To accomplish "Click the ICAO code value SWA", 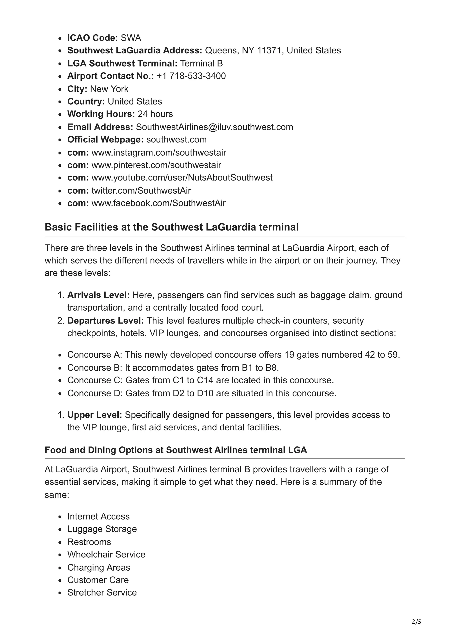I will [x=131, y=38].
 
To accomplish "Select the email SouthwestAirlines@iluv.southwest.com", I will [x=214, y=127].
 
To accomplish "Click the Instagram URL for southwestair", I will [x=159, y=152].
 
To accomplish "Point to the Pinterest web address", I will [x=156, y=165].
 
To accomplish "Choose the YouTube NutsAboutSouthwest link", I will [x=182, y=177].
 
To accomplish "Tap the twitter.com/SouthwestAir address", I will [x=141, y=190].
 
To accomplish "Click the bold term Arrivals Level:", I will [x=98, y=295].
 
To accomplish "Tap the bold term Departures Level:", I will [x=105, y=320].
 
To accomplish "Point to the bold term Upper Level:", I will [x=94, y=415].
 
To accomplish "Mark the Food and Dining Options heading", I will [x=176, y=450].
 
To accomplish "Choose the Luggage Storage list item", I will [x=102, y=529].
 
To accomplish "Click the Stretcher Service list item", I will [x=102, y=592].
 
